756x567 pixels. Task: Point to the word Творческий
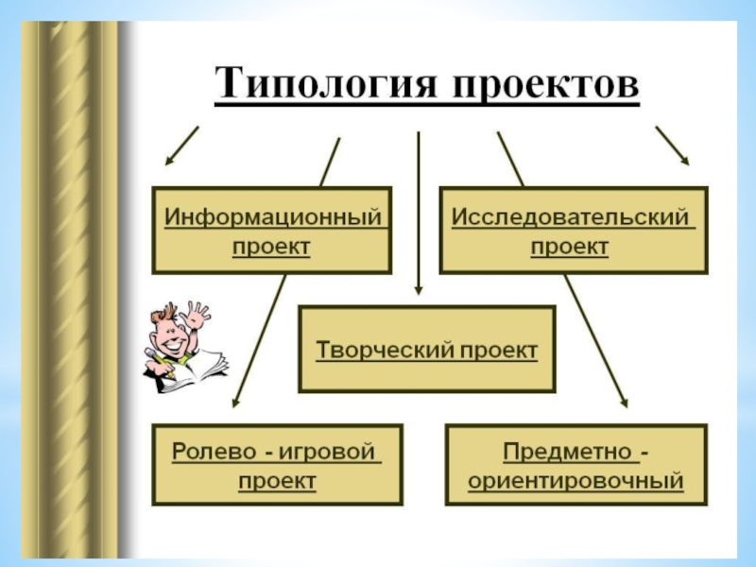point(385,351)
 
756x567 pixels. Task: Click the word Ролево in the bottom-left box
point(209,451)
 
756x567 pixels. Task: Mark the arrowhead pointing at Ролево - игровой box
point(235,403)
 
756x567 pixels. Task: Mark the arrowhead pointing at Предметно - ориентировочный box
point(624,403)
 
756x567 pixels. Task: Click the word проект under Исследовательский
point(569,247)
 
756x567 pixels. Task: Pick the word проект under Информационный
point(272,247)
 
